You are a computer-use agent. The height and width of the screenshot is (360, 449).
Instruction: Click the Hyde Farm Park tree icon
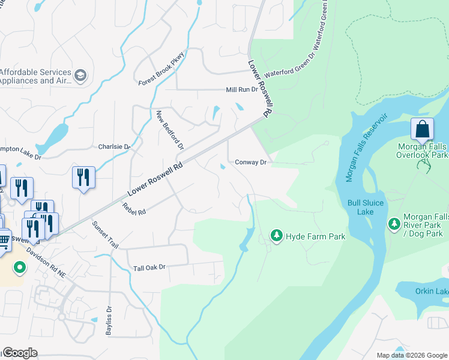(276, 236)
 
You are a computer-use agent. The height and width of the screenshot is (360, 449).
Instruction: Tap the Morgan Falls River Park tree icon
(394, 224)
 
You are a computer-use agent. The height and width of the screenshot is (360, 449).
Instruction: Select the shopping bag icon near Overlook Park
(422, 130)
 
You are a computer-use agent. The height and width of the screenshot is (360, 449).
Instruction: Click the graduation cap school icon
(80, 76)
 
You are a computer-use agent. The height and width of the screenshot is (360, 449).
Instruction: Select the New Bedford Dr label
(170, 130)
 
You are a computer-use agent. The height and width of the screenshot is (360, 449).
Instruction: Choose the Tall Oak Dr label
(149, 267)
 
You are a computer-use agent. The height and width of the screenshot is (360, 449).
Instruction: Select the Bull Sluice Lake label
(365, 207)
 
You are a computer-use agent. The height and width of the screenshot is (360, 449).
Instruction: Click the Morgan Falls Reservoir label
(367, 147)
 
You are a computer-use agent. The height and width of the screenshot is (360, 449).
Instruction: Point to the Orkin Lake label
(431, 292)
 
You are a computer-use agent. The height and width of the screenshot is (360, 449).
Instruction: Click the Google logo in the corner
(20, 353)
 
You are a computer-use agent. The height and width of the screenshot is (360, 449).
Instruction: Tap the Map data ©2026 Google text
(412, 355)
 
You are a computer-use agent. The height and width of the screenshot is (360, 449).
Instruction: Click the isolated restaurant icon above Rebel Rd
(83, 178)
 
